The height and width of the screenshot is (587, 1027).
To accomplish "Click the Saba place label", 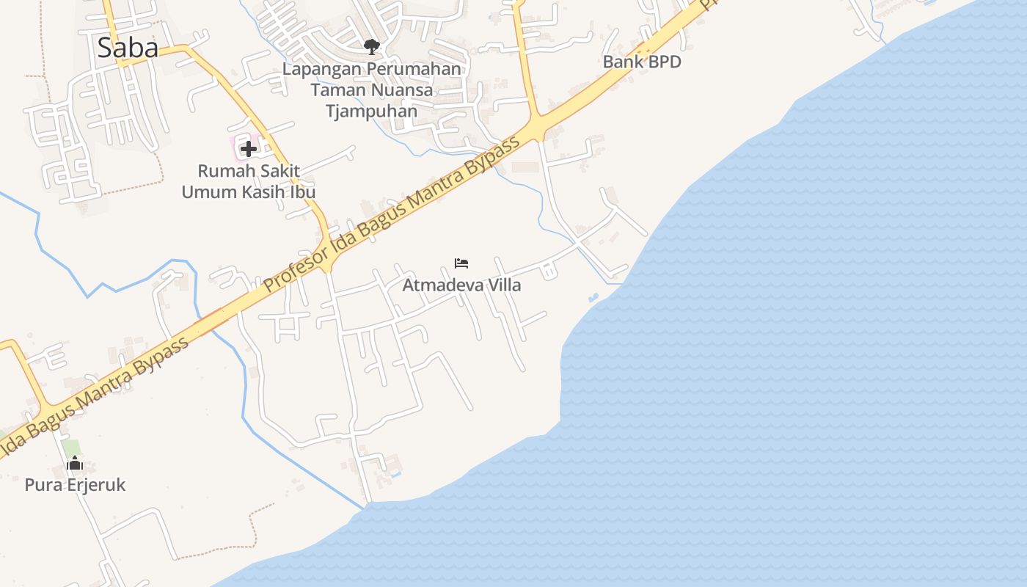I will (x=128, y=48).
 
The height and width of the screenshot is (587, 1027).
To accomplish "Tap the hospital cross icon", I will (x=249, y=149).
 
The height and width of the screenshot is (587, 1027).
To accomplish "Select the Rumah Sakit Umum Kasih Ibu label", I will (x=249, y=181).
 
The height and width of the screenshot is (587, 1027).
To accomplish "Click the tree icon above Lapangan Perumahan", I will (x=372, y=47).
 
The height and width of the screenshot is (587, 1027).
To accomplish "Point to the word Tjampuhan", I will (x=372, y=112).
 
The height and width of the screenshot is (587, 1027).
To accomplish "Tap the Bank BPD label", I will (x=642, y=62).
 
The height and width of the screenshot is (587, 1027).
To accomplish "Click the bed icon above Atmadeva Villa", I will (x=461, y=263).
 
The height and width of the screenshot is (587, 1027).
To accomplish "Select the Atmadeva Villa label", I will (x=461, y=285).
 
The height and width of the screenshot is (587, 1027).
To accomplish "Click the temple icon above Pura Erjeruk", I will (x=75, y=464).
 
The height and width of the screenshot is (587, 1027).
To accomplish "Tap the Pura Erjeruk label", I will (x=75, y=485).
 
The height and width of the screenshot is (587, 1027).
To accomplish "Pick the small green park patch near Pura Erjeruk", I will (x=70, y=447).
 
